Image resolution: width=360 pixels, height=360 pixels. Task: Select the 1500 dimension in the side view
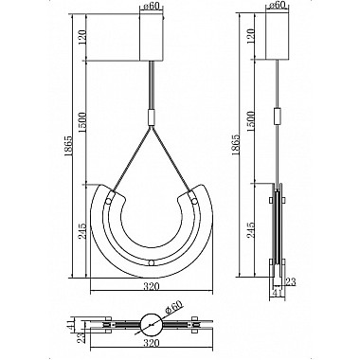pos(251,123)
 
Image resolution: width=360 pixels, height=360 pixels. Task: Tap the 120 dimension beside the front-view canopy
pos(81,37)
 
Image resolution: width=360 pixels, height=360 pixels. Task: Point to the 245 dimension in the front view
pos(81,231)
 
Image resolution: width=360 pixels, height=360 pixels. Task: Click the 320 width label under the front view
pos(152,287)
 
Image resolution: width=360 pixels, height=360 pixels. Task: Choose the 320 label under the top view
pos(152,343)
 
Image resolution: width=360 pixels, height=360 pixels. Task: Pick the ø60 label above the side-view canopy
pos(278,5)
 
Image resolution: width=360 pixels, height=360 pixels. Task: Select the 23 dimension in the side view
pos(290,281)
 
